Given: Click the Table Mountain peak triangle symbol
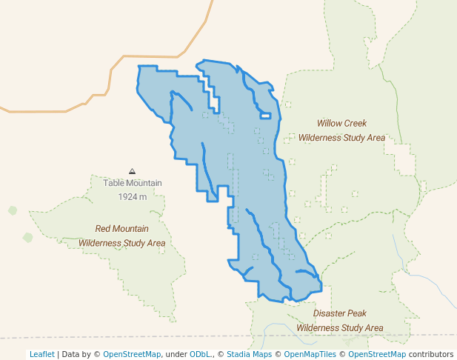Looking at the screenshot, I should point(132,171).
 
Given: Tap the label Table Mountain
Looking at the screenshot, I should point(132,183).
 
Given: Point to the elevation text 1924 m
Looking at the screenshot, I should point(132,196).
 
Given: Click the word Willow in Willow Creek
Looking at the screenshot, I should point(330,124).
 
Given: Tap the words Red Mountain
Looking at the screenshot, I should point(121,229).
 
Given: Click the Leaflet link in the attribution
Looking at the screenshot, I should point(41,354).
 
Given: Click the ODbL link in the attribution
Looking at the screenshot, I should point(200,354).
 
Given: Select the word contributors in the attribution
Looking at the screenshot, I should point(430,354).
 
